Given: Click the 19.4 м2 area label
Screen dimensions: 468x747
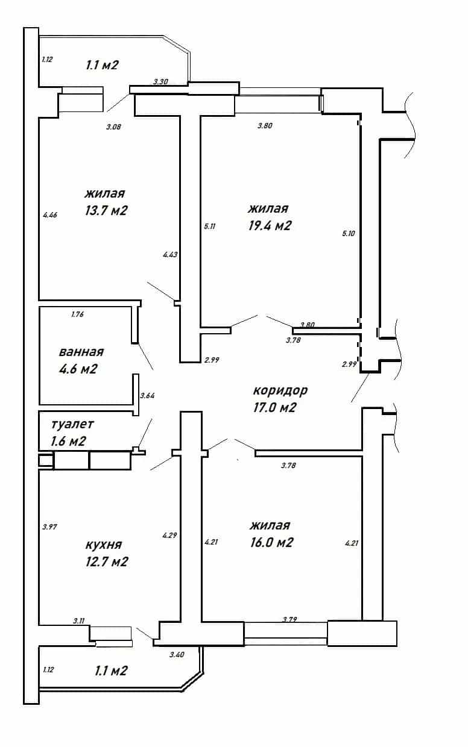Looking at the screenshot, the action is pos(270,226).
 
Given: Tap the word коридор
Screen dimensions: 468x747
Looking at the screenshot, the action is pos(280,390).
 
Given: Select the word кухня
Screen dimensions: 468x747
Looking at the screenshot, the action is pos(104,545).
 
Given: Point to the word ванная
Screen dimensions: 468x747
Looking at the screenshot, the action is pos(81,352).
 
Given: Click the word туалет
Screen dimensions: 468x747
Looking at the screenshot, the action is pos(72,424).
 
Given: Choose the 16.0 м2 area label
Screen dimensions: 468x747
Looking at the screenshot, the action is pos(271,542).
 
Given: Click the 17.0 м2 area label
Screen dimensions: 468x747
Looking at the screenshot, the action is pos(274,407).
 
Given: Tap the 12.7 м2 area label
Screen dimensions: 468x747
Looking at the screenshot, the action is pos(107,562).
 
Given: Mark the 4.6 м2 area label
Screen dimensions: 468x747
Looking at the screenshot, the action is pos(78,369).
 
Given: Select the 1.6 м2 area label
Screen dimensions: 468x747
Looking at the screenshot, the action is pos(68,441).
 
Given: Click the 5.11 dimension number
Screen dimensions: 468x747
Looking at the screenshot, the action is pos(210,227).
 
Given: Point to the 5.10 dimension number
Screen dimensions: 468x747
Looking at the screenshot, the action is pos(349,234).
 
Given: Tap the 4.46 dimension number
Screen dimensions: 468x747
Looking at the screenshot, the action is pos(50,215).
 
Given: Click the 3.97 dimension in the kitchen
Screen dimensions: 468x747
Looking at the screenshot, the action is pos(49,527).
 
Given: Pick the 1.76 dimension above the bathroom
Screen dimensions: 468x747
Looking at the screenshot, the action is pos(77,314).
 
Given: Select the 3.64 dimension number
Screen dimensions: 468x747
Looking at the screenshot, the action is pos(147,396).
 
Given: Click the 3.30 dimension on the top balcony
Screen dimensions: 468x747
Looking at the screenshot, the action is pos(160,81).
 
